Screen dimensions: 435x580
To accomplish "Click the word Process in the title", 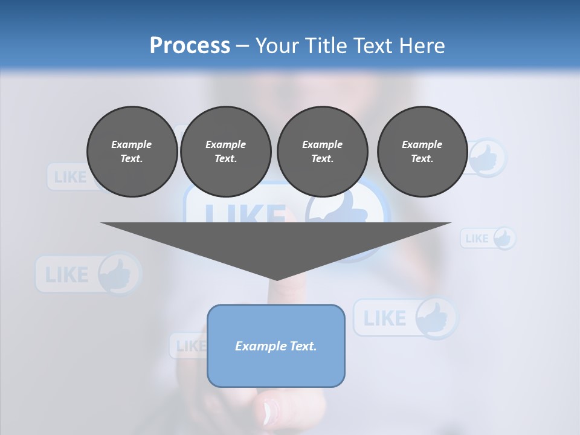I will click(x=190, y=45).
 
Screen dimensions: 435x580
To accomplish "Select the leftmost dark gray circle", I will click(x=132, y=152).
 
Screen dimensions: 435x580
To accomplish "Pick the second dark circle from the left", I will click(x=226, y=152).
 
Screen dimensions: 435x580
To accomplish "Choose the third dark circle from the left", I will click(x=323, y=152).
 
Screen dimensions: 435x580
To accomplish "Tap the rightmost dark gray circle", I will click(x=422, y=152).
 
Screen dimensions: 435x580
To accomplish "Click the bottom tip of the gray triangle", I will click(x=277, y=279).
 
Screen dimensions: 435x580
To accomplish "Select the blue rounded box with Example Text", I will click(x=276, y=346).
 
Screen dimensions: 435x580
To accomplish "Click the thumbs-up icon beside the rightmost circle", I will click(x=487, y=158).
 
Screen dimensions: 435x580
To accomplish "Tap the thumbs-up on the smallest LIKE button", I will click(x=503, y=238).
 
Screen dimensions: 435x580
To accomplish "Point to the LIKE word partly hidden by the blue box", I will click(x=190, y=346).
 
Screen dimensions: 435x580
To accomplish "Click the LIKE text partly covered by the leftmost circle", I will click(x=69, y=177).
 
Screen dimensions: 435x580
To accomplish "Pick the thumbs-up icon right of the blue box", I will click(x=435, y=318).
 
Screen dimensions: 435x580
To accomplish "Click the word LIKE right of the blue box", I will click(x=385, y=318).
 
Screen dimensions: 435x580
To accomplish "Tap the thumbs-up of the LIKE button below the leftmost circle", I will click(x=117, y=274).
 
